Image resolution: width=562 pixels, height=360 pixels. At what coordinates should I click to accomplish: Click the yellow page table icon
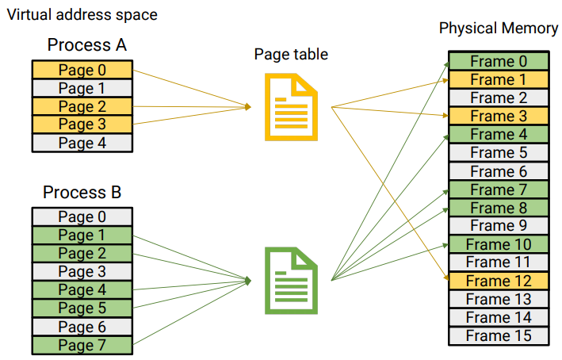[x=291, y=107]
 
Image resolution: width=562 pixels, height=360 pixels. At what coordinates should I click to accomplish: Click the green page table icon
[x=291, y=281]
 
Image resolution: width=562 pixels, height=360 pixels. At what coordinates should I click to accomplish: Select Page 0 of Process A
[x=82, y=70]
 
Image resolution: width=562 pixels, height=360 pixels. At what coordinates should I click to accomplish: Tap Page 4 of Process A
[x=82, y=143]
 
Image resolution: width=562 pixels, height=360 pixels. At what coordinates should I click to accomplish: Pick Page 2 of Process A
[x=82, y=106]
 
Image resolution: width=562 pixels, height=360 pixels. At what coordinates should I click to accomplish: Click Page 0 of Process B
[x=82, y=217]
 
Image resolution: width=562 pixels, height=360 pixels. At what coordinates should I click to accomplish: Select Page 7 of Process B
[x=82, y=345]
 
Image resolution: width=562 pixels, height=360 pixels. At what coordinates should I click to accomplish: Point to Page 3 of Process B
[x=82, y=272]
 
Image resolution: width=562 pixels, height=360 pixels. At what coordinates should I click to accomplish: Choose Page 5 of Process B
[x=82, y=308]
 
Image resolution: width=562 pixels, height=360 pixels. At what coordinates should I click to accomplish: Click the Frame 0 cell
[x=498, y=61]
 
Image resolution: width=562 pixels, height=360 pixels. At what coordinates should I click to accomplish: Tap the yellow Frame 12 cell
[x=498, y=281]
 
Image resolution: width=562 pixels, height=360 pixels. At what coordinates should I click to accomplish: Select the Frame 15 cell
[x=498, y=335]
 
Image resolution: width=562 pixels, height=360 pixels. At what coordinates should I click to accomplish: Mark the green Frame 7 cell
[x=498, y=190]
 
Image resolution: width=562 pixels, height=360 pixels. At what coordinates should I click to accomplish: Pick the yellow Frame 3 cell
[x=498, y=116]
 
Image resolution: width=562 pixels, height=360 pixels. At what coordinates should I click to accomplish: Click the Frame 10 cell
[x=498, y=244]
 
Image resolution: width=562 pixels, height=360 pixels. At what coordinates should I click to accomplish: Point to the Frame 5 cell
[x=498, y=152]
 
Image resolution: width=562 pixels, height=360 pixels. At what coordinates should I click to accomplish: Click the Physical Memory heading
[x=498, y=29]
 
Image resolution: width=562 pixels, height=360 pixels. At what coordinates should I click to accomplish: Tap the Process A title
[x=86, y=44]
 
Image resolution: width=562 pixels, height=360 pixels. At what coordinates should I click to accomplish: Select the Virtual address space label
[x=82, y=14]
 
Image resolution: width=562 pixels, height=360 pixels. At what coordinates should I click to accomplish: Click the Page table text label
[x=291, y=54]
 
